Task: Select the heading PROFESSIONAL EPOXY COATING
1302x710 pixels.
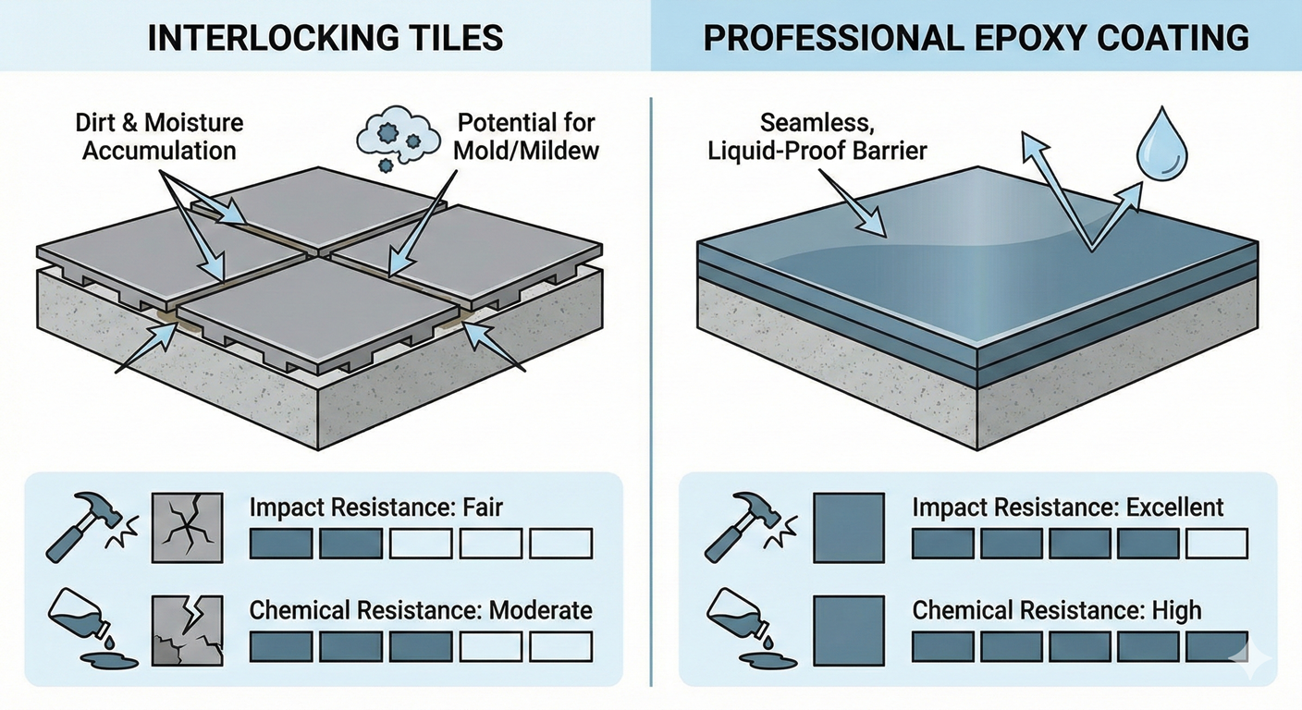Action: tap(976, 37)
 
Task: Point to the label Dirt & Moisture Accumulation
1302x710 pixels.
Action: tap(159, 136)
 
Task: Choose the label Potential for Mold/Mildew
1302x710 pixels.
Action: tap(525, 136)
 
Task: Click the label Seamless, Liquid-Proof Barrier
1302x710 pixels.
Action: tap(817, 136)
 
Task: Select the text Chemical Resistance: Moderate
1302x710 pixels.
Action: tap(421, 610)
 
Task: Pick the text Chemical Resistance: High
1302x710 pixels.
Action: tap(1057, 610)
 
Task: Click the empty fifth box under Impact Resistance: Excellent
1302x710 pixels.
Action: tap(1217, 544)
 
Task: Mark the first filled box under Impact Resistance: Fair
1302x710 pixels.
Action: tap(281, 544)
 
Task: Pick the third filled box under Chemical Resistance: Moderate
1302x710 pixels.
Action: tap(421, 646)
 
